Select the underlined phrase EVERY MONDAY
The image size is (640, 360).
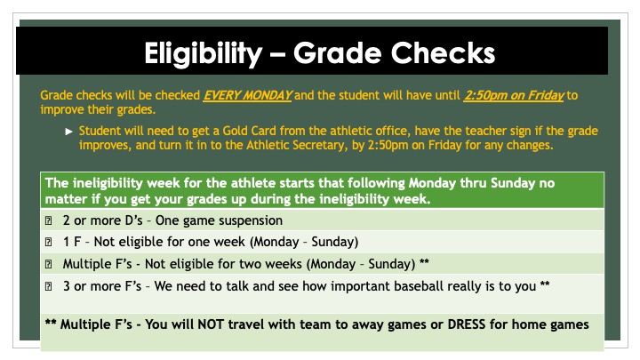coord(240,94)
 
